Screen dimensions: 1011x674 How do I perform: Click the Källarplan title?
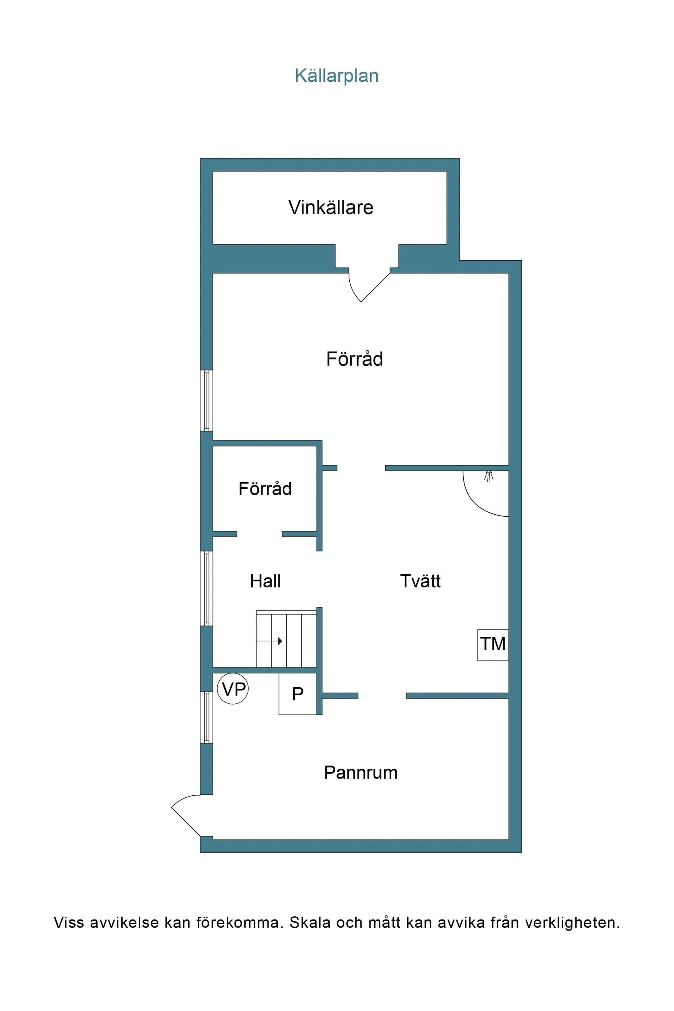[336, 76]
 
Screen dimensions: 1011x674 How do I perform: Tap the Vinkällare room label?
[330, 207]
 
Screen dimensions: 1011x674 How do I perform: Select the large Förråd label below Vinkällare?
[354, 359]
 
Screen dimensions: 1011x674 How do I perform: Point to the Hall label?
[265, 581]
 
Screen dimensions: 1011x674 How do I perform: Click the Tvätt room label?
[420, 581]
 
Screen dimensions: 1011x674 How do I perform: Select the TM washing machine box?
[493, 644]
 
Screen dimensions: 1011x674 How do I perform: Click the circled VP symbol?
[233, 689]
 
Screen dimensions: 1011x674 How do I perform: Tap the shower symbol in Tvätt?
[488, 476]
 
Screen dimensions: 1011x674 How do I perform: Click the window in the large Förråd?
[206, 400]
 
